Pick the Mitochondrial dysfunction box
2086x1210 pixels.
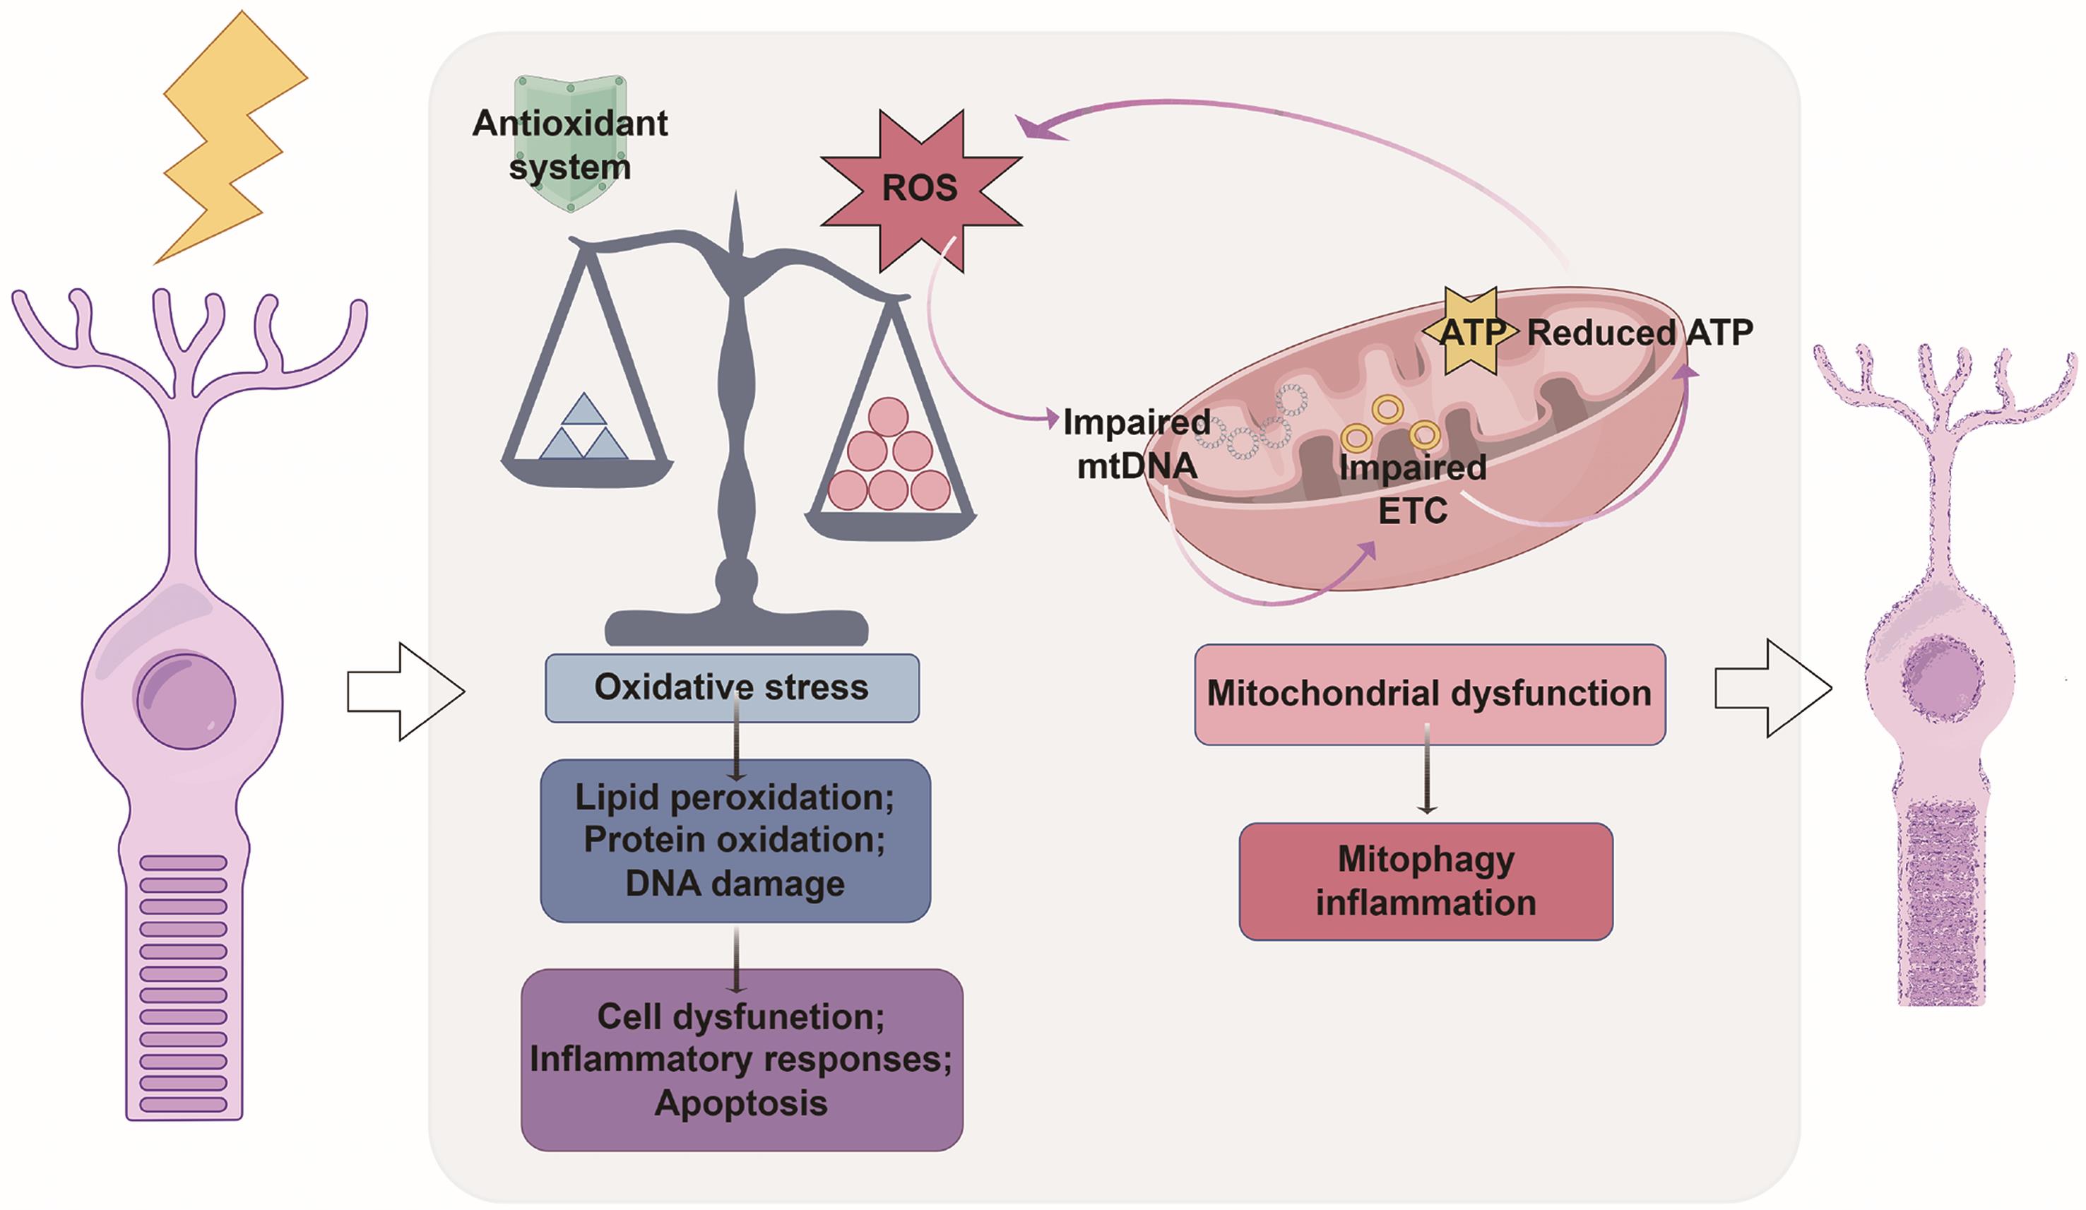(x=1429, y=694)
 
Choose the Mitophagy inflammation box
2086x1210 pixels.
(x=1426, y=881)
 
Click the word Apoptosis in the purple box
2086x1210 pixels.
(x=741, y=1103)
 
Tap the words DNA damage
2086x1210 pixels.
(x=735, y=883)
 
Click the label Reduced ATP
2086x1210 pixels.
(x=1639, y=333)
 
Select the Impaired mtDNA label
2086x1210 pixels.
(x=1136, y=444)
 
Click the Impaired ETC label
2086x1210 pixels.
(x=1412, y=489)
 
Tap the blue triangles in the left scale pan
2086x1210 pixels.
(x=583, y=429)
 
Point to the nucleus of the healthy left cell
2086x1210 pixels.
(x=186, y=701)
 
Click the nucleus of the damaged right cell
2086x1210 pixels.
(x=1942, y=668)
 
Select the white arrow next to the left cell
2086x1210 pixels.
(x=405, y=691)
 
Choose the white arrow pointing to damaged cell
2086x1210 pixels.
(x=1773, y=688)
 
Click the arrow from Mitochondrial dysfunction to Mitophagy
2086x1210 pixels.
(x=1426, y=770)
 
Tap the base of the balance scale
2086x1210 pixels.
(x=736, y=626)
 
